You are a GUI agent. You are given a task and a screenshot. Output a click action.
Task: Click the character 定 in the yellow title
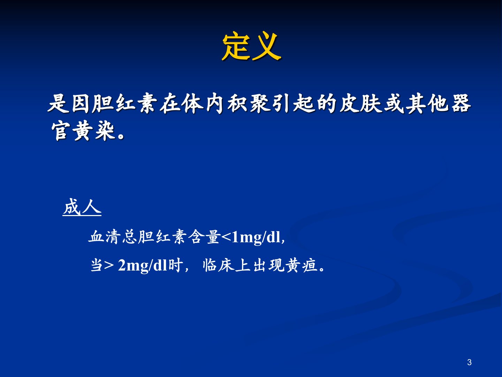click(236, 46)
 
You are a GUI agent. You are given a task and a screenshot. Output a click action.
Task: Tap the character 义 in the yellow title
click(266, 46)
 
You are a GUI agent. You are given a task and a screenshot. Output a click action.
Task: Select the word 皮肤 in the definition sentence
click(361, 104)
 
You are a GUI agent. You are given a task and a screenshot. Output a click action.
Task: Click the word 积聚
click(248, 104)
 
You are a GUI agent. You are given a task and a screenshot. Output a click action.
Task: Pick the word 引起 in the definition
click(293, 104)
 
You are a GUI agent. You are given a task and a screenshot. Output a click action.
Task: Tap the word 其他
click(428, 104)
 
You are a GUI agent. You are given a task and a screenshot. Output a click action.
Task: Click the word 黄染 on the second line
click(94, 131)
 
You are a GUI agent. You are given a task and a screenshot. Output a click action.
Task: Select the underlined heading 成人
click(82, 207)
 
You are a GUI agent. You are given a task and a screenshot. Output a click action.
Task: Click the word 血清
click(104, 237)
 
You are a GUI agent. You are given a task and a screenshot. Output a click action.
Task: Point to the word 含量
click(204, 237)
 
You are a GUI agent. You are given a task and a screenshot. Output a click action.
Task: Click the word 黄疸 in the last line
click(301, 266)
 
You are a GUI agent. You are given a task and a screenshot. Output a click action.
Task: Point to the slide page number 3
click(469, 362)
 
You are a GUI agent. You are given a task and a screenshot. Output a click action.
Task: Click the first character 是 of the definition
click(58, 104)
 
